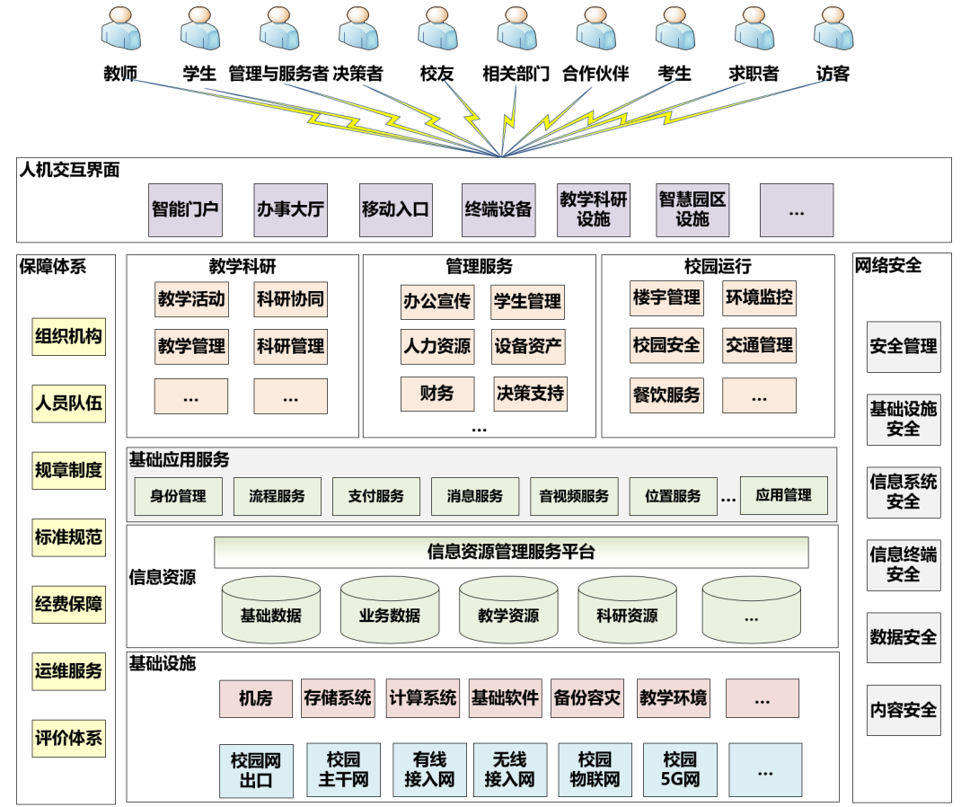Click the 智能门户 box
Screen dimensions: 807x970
click(x=185, y=210)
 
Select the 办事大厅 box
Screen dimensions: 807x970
click(x=290, y=210)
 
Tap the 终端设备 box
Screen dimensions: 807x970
click(x=498, y=210)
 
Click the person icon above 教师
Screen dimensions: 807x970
click(x=120, y=30)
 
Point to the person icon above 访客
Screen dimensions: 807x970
click(x=833, y=30)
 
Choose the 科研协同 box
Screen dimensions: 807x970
click(x=290, y=299)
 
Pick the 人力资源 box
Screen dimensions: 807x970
click(x=436, y=346)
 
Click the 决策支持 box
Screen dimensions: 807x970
click(x=530, y=393)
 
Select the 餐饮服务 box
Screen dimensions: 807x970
click(x=666, y=395)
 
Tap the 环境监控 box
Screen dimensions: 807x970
click(x=759, y=297)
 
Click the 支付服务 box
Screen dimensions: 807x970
click(x=376, y=496)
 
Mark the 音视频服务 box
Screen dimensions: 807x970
click(x=574, y=496)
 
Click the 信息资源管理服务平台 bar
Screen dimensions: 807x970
click(x=511, y=552)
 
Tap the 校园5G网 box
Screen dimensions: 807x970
click(x=680, y=770)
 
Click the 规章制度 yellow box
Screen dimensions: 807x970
click(x=68, y=470)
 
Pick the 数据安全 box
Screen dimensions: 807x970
click(x=904, y=637)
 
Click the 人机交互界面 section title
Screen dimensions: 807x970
click(x=69, y=169)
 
